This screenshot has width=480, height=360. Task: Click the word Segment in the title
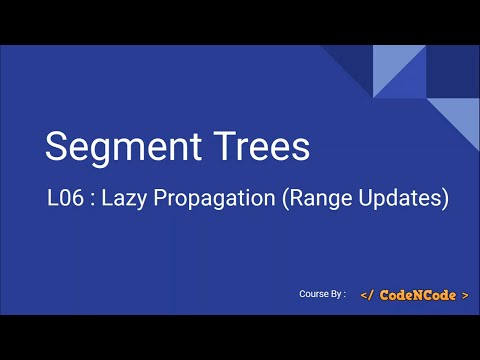click(112, 149)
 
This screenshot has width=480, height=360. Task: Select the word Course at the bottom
click(314, 295)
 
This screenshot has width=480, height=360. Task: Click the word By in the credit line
click(337, 295)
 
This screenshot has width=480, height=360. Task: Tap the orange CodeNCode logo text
click(416, 295)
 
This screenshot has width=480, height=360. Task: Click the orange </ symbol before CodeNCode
click(366, 295)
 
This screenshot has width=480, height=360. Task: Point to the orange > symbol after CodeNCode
click(464, 295)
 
